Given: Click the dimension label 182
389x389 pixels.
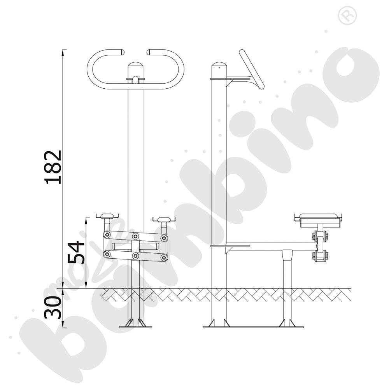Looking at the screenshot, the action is coord(53,167).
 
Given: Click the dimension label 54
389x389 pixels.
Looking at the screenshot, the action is coord(76,252).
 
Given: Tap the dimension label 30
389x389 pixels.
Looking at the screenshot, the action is coord(53,307).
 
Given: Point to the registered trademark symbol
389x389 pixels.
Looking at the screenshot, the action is coord(347,16).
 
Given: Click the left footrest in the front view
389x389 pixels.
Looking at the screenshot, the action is coord(107,216).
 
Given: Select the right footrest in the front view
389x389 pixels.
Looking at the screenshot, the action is coord(164,219).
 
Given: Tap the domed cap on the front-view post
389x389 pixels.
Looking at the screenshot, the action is coord(135,65).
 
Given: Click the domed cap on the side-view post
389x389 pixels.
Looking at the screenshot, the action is coord(219,65).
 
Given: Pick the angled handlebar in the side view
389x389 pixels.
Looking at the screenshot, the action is coord(252,69).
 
